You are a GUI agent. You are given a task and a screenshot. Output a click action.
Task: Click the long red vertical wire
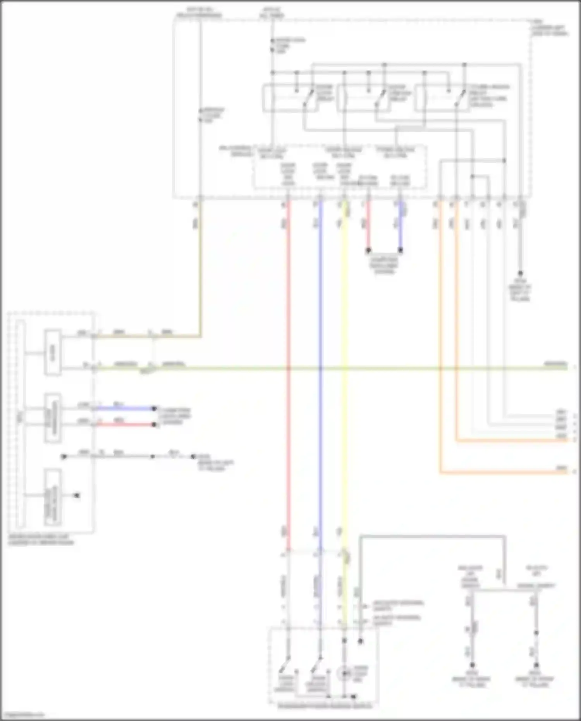coord(288,387)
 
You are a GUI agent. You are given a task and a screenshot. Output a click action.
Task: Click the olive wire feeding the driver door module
coord(200,271)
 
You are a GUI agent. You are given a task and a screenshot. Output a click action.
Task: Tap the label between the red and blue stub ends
coord(384,263)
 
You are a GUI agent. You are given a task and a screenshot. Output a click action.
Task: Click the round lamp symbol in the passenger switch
coord(344,674)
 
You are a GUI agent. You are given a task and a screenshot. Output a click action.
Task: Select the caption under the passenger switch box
coord(325,706)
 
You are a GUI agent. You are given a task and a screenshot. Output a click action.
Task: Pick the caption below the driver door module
coord(41,540)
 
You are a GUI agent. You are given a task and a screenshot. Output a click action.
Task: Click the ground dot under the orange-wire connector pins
coord(520,274)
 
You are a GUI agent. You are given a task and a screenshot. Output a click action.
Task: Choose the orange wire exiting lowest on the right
coord(504,473)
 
